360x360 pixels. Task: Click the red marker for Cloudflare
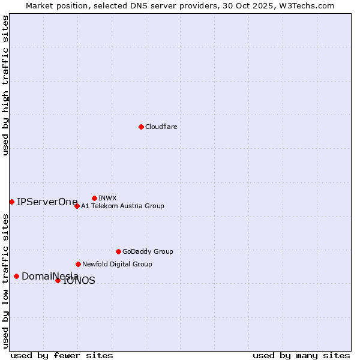point(141,127)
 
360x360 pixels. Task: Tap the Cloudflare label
point(161,127)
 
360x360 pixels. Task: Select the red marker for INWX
point(94,198)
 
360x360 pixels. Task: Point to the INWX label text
point(107,198)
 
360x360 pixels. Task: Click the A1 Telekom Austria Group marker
point(77,206)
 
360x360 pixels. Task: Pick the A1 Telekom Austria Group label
point(122,206)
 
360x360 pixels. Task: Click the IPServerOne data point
point(11,202)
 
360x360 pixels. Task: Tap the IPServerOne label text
point(47,202)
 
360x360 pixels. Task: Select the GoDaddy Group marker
point(118,251)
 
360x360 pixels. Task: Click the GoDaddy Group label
point(148,251)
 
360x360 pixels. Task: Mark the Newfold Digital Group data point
point(78,264)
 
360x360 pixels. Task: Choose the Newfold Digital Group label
point(117,264)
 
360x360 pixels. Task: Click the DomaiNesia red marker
point(16,276)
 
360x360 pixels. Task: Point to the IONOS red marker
point(58,280)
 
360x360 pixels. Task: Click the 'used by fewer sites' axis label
point(62,355)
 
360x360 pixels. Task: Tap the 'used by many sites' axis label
point(301,355)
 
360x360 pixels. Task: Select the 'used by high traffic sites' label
point(6,85)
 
